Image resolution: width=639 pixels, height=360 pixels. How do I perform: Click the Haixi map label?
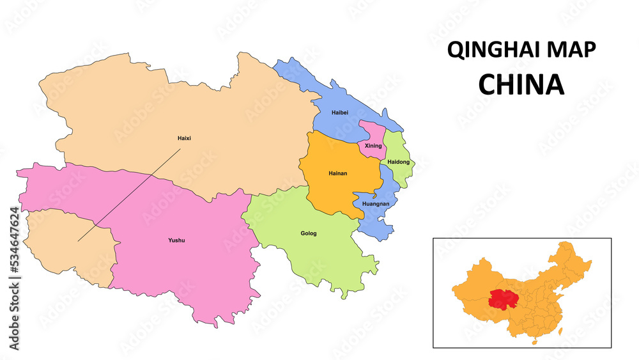[184, 138]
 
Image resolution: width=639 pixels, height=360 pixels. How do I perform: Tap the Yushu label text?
[176, 240]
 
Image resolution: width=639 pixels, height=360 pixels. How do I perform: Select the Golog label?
[309, 233]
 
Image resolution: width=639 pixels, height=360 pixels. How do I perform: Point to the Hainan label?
[337, 173]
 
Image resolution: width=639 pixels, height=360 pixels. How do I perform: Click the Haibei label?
[340, 113]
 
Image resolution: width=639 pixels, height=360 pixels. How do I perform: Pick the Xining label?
[373, 146]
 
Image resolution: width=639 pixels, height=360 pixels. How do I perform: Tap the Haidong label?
[398, 162]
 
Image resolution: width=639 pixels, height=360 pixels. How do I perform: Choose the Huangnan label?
[376, 204]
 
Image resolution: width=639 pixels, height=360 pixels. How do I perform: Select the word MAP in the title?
[571, 51]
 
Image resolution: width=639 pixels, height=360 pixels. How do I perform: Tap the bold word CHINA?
[521, 85]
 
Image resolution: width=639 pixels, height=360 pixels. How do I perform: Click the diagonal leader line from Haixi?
[128, 196]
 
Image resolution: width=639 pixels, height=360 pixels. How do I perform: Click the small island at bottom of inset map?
[535, 341]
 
